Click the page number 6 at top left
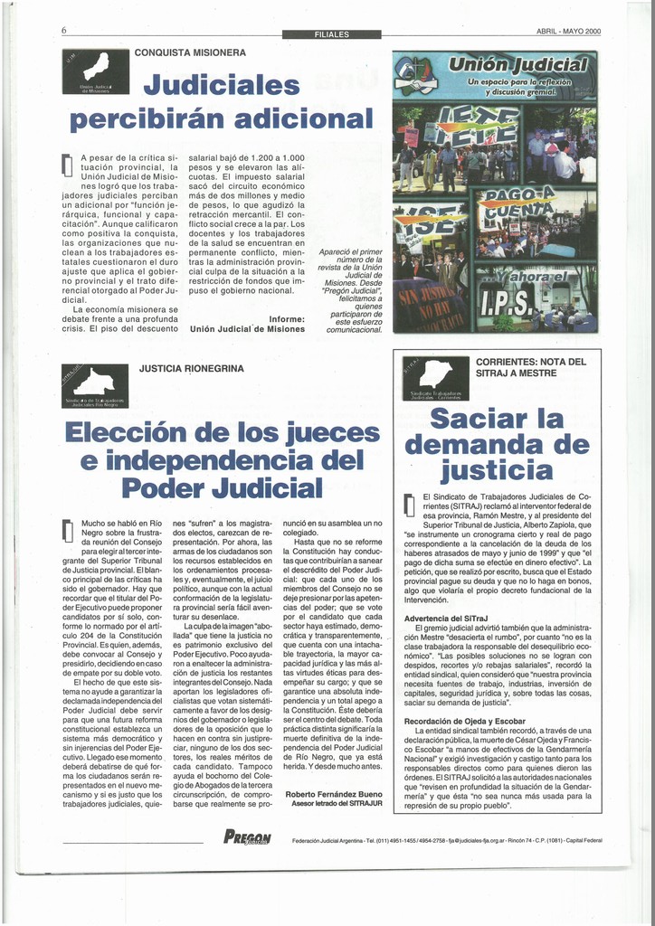[x=64, y=31]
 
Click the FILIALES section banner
[x=332, y=34]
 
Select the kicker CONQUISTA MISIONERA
[x=190, y=52]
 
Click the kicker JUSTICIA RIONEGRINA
[x=192, y=369]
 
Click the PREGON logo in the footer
[x=247, y=837]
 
